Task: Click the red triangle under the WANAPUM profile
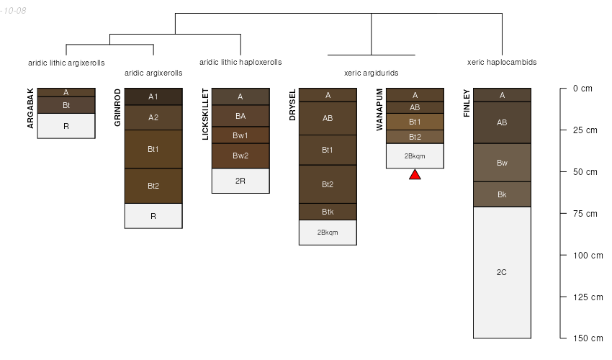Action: coord(415,174)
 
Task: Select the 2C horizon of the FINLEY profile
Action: coord(502,272)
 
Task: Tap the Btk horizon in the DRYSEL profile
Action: coord(328,211)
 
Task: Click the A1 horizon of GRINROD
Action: coord(153,96)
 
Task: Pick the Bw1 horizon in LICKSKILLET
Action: coord(240,135)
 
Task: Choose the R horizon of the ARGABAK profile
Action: coord(66,125)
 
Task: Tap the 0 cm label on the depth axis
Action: coord(582,89)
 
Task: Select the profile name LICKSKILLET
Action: coord(205,114)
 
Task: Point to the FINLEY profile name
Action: coord(467,104)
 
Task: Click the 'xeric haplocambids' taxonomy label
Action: coord(502,63)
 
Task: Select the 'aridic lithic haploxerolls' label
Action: coord(240,63)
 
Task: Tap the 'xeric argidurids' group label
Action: coord(372,73)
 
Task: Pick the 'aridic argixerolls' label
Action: coord(153,73)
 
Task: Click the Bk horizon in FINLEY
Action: coord(502,194)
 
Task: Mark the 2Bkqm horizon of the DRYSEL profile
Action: coord(328,232)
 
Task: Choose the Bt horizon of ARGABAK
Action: coord(66,105)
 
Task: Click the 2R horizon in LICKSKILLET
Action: coord(240,181)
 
